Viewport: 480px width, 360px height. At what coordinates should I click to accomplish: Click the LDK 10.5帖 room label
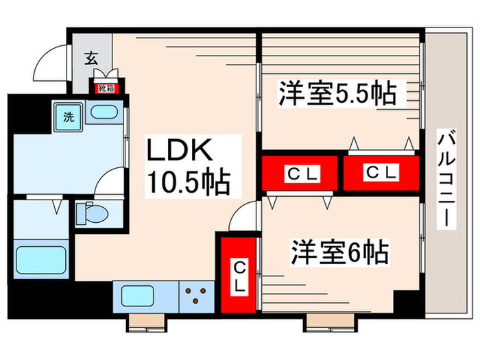(189, 167)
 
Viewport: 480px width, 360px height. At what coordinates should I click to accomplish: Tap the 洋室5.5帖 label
(337, 93)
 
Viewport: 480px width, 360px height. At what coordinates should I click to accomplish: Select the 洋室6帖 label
(340, 252)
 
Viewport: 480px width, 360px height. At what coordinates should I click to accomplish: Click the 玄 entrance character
(91, 58)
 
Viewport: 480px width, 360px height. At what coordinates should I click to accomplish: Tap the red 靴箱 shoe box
(106, 88)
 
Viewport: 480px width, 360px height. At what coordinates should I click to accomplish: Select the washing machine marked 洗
(69, 117)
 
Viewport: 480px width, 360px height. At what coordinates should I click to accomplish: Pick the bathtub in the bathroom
(41, 260)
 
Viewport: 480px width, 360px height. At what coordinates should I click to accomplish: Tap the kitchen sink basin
(137, 296)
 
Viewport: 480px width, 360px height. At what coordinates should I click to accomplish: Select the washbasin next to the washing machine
(104, 112)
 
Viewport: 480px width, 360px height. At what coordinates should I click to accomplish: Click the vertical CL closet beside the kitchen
(239, 275)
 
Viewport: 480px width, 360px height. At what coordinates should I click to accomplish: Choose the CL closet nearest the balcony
(381, 173)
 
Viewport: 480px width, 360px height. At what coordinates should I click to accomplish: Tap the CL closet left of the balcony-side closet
(300, 173)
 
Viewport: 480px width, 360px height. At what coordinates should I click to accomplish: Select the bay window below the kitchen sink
(147, 323)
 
